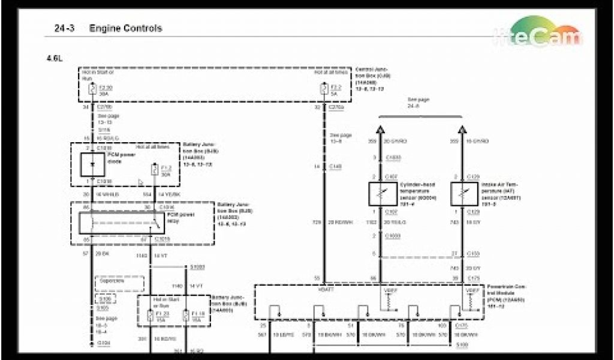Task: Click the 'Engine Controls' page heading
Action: pos(125,28)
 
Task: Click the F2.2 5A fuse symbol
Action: pos(324,89)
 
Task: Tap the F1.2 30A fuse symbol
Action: pos(155,170)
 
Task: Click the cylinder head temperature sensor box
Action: pos(381,193)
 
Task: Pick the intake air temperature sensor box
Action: pos(464,193)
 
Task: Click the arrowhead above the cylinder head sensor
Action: pos(381,130)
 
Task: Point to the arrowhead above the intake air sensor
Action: pos(463,130)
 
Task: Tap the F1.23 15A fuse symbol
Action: pos(150,316)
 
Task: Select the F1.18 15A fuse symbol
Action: pos(186,316)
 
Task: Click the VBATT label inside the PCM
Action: pos(327,290)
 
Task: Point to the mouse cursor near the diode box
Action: pos(140,182)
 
